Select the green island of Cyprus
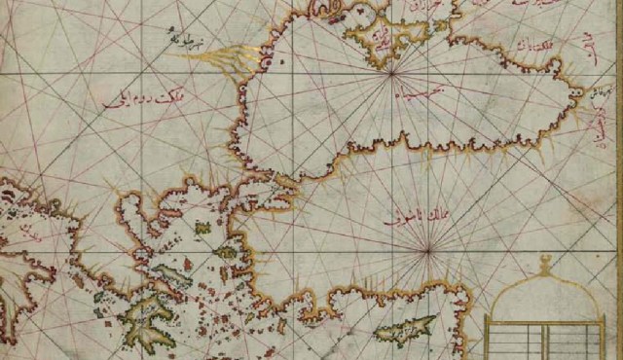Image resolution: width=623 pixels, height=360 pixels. coord(404,330)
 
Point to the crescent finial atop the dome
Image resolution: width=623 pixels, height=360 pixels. coord(545,261)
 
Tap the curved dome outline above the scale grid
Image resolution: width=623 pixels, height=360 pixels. coord(545,292)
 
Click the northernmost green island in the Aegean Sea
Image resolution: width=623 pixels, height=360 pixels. coord(202,228)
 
